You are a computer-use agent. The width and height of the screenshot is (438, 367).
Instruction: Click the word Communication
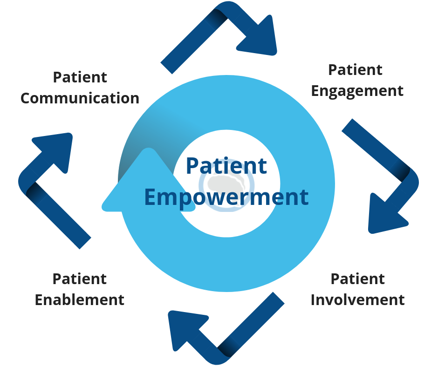point(80,98)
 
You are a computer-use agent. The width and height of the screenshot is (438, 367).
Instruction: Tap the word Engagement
point(357,90)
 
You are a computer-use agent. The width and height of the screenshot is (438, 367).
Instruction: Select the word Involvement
point(357,299)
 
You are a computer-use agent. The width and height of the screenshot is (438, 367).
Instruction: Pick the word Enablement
point(80,299)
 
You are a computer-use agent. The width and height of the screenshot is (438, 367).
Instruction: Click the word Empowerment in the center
point(226,197)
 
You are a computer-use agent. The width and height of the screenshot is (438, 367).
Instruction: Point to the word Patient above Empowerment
point(226,166)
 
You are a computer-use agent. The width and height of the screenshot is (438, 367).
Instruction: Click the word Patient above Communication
point(80,77)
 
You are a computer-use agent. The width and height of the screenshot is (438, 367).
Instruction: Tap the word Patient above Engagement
point(355,69)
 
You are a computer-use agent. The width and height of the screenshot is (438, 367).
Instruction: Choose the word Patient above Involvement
point(357,279)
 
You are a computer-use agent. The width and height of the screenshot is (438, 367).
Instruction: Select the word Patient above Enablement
point(80,279)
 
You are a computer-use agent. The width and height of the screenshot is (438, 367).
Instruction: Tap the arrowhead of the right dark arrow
point(384,214)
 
